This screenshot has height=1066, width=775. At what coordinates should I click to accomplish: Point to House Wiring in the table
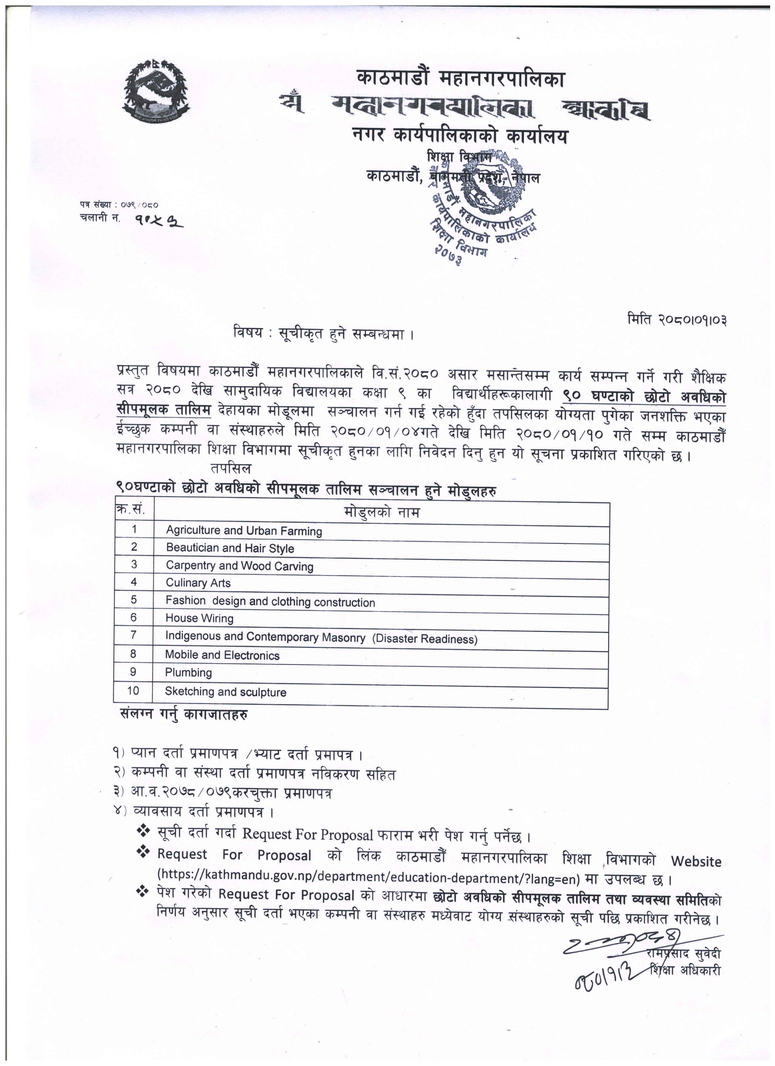pyautogui.click(x=199, y=619)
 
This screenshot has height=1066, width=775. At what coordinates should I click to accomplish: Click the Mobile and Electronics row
pyautogui.click(x=222, y=656)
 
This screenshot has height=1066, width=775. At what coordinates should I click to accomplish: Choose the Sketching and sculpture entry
pyautogui.click(x=225, y=692)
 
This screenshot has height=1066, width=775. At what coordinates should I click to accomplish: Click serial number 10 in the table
pyautogui.click(x=133, y=691)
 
